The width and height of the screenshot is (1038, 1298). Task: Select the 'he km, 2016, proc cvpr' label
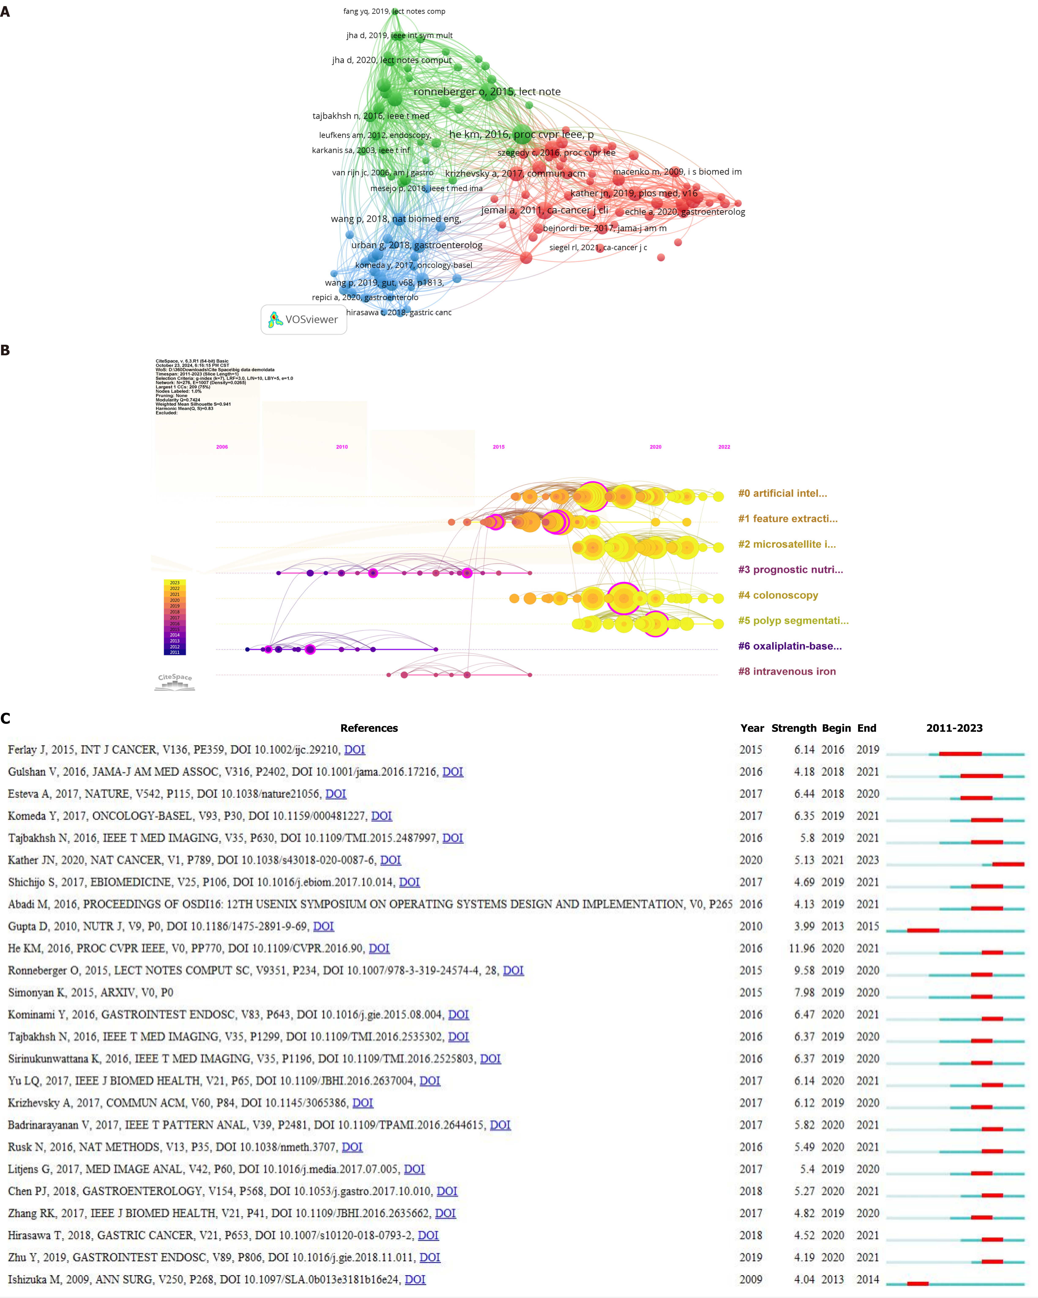pos(521,134)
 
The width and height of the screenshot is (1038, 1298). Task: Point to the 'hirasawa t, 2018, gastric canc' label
pos(398,312)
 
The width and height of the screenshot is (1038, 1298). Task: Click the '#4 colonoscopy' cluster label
pos(778,595)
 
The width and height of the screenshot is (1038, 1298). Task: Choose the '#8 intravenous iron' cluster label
pos(787,671)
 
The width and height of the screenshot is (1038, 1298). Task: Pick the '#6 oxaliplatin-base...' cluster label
pos(789,646)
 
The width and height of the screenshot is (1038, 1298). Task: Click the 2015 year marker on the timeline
pos(498,447)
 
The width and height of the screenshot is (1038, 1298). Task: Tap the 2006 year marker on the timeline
pos(222,447)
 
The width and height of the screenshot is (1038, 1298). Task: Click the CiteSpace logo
pos(175,681)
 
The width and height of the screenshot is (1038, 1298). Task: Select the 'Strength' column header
pos(794,728)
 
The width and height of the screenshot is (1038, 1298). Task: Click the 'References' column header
pos(369,728)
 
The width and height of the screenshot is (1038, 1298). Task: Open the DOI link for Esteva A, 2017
pos(336,793)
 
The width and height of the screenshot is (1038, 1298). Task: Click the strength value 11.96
pos(802,948)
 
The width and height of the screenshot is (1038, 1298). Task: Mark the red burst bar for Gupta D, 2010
pos(923,931)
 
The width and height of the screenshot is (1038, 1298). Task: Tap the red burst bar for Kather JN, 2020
pos(1008,864)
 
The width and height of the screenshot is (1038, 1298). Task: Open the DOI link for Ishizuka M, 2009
pos(415,1279)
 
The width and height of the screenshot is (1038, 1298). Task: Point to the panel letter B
pos(5,350)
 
